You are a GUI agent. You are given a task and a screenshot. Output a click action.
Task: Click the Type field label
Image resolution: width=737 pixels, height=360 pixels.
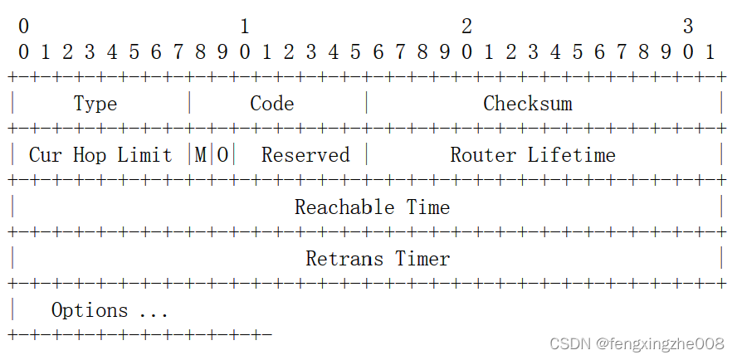95,104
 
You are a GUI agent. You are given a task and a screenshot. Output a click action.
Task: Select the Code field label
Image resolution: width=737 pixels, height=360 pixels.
272,104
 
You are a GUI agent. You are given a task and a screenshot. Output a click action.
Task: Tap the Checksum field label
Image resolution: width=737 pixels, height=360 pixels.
528,104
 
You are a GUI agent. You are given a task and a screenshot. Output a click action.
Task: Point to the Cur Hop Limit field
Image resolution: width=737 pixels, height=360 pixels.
100,155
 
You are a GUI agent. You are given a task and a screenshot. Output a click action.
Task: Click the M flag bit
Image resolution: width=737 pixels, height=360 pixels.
201,155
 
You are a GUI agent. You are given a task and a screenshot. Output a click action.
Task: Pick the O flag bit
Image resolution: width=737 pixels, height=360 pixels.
222,155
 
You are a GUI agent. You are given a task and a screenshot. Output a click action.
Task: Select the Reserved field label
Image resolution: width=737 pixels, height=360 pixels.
305,155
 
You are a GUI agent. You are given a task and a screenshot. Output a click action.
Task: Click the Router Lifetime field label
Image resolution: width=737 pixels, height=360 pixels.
533,155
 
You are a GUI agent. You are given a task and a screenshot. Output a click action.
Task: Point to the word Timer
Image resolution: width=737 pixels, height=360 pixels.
422,259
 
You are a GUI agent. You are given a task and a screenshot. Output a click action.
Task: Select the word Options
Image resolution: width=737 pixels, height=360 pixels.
90,310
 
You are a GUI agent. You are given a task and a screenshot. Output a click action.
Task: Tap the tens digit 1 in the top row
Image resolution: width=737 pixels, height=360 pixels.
245,27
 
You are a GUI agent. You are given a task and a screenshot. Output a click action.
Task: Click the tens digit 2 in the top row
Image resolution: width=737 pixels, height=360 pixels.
466,27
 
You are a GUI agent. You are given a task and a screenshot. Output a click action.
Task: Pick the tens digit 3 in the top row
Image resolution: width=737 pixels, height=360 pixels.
688,27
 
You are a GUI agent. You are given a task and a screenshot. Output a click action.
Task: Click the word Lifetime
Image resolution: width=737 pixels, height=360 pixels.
572,155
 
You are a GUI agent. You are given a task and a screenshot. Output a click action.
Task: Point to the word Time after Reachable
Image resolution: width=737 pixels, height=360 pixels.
428,207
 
